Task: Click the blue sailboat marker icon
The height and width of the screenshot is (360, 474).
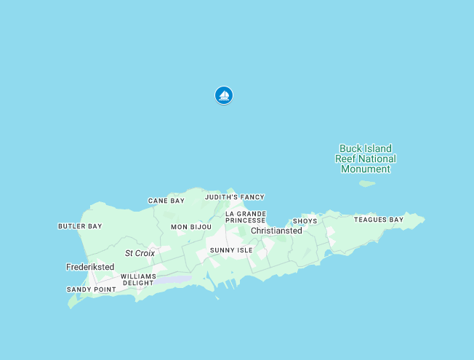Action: coord(224,95)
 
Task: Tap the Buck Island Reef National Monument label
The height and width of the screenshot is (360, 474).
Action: coord(366,159)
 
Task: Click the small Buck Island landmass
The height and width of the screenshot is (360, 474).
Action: coord(367,184)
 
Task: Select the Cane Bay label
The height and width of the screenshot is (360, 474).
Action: coord(166,201)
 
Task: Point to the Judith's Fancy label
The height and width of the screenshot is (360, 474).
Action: coord(234,197)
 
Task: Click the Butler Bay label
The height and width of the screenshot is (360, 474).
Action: coord(80,226)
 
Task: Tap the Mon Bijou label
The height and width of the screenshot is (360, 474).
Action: coord(191,227)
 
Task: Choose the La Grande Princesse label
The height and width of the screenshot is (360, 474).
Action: coord(245,216)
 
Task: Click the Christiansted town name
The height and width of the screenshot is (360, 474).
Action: coord(276,231)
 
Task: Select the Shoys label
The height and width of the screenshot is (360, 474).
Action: coord(305,221)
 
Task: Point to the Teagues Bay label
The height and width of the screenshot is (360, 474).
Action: coord(379,220)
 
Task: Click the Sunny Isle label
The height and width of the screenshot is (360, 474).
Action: coord(231,250)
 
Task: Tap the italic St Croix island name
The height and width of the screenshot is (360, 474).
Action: coord(140,253)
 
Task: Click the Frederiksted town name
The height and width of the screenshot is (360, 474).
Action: coord(90,267)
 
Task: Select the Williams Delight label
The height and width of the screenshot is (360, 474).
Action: coord(138,279)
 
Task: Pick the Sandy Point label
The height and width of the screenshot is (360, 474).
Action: coord(91,289)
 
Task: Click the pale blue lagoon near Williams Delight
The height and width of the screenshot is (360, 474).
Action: coord(174,279)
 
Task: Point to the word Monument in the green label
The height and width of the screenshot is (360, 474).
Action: coord(366,169)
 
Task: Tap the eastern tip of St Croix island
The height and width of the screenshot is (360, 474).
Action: coord(424,220)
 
